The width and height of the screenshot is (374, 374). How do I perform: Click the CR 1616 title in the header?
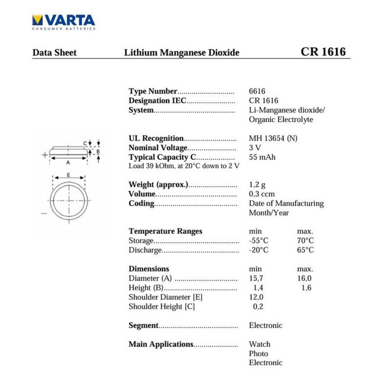(x=323, y=52)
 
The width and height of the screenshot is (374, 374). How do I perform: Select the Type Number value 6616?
(x=257, y=91)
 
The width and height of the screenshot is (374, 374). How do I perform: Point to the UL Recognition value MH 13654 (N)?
(x=273, y=138)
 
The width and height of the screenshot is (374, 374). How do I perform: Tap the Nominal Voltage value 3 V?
(x=255, y=148)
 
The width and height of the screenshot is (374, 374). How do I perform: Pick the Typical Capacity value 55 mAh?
(x=262, y=157)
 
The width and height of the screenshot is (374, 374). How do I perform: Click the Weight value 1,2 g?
(x=257, y=185)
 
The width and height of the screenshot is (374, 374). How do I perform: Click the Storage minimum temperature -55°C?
(x=259, y=241)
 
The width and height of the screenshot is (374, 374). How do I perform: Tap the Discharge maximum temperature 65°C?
(x=305, y=250)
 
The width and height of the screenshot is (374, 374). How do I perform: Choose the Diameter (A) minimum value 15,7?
(x=256, y=278)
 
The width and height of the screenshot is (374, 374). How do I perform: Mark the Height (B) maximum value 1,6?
(x=306, y=287)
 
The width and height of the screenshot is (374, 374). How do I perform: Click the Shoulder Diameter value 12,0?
(x=256, y=297)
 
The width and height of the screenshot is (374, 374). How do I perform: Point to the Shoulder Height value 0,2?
(x=258, y=306)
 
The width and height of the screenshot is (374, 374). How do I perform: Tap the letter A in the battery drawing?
(x=68, y=162)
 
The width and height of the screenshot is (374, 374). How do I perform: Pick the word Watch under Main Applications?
(x=260, y=344)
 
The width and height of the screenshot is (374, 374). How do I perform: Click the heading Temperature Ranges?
(x=165, y=231)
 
